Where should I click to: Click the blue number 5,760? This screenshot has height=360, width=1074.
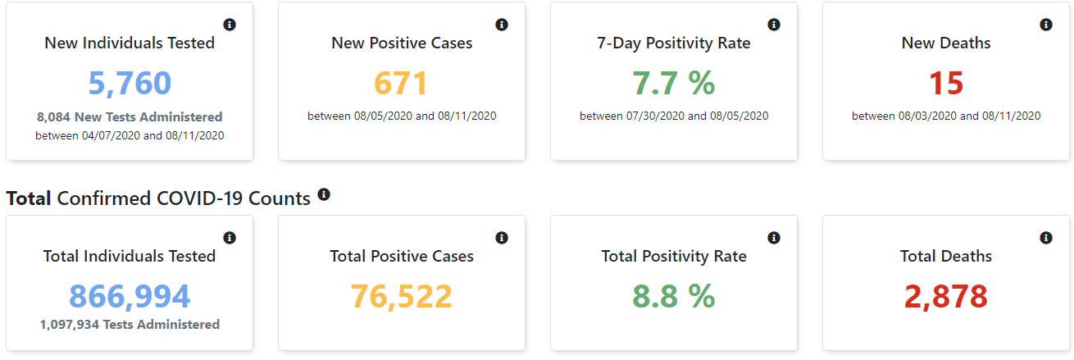(x=130, y=84)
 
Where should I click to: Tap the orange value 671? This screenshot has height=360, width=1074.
(x=402, y=84)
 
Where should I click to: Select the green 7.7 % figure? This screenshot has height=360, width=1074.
(x=674, y=84)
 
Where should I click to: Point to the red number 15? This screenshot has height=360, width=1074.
(x=946, y=84)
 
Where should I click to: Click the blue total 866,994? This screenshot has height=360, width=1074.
(x=130, y=296)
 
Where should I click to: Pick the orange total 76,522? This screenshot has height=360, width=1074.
(x=402, y=296)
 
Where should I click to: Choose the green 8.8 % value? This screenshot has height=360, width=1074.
(x=674, y=296)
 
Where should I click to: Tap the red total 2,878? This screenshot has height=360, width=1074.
(x=946, y=296)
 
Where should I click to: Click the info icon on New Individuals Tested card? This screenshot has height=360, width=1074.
(x=230, y=25)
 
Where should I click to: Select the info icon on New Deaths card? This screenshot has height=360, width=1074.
(x=1046, y=25)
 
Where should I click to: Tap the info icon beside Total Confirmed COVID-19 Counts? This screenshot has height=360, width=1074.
(x=324, y=194)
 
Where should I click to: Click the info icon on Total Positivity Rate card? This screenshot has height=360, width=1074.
(x=774, y=238)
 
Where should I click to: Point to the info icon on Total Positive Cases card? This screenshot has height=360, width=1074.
(x=502, y=238)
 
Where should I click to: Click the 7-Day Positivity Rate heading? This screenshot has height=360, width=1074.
(x=674, y=43)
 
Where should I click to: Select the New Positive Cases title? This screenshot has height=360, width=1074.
(x=402, y=43)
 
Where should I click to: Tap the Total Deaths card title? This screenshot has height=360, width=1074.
(x=946, y=257)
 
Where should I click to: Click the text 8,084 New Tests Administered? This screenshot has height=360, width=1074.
(x=130, y=117)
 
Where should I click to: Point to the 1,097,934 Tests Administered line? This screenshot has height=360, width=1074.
(x=130, y=325)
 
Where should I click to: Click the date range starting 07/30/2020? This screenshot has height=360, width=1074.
(x=674, y=116)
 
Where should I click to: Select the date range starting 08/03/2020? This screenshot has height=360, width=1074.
(x=946, y=116)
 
